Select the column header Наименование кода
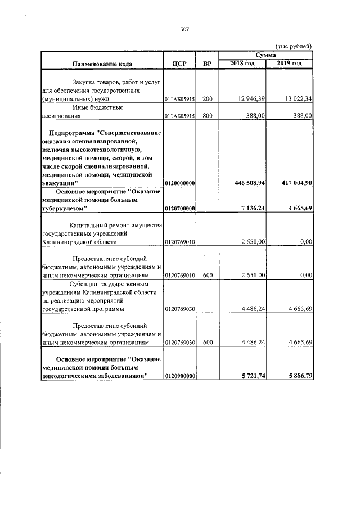(102, 64)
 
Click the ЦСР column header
(179, 64)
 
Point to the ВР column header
(207, 64)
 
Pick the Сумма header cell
(265, 55)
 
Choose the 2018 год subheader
(242, 63)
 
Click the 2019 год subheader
(290, 63)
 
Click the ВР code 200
(207, 99)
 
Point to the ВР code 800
(207, 116)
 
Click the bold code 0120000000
(179, 183)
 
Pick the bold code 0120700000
(179, 209)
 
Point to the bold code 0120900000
(179, 376)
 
